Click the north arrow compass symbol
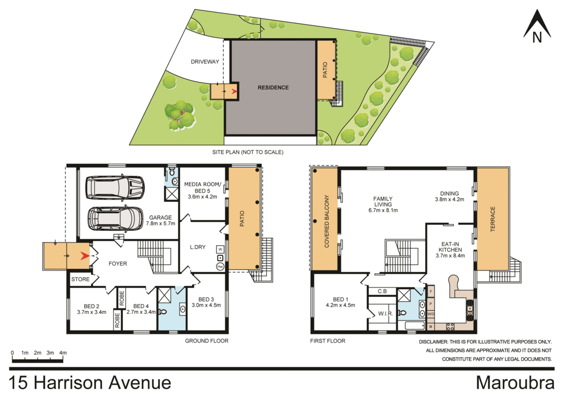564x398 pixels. [x=537, y=27]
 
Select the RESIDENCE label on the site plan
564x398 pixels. [x=273, y=87]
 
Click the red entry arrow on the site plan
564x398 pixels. [x=234, y=92]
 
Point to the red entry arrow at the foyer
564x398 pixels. [x=85, y=256]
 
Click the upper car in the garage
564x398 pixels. [x=115, y=187]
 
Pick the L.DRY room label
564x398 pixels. [x=197, y=247]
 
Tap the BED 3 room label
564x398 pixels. [x=205, y=302]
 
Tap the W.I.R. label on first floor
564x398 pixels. [x=384, y=314]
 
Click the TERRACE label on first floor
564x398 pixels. [x=493, y=219]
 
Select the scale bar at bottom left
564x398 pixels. [x=37, y=360]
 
